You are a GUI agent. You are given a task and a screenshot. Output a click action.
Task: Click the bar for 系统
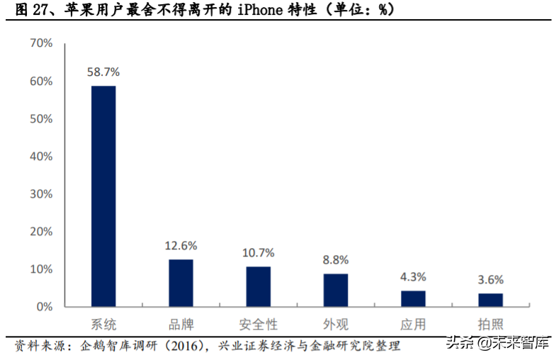103,196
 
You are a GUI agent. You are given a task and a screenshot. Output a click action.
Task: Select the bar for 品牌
181,283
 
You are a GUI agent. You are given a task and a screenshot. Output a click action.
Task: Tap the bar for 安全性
259,286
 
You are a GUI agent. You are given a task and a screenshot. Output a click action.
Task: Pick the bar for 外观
336,290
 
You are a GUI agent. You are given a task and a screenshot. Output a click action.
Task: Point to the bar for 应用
413,298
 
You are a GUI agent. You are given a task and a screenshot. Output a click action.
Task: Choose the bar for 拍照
490,300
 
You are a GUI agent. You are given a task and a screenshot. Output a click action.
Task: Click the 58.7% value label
103,72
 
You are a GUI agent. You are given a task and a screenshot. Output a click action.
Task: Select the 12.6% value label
181,246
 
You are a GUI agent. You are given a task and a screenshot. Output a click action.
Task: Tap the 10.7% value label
259,253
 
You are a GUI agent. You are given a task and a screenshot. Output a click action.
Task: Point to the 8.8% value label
336,260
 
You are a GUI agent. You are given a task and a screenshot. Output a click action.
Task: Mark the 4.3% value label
413,277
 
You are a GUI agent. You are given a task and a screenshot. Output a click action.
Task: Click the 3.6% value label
490,279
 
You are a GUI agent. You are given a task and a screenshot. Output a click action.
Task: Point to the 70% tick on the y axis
41,43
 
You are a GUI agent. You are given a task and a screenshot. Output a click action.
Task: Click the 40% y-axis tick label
41,157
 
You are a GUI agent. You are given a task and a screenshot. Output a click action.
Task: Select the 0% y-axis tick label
44,307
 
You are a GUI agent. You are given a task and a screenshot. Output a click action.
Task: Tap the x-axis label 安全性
259,325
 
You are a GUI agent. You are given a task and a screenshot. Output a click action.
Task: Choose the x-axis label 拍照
490,325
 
